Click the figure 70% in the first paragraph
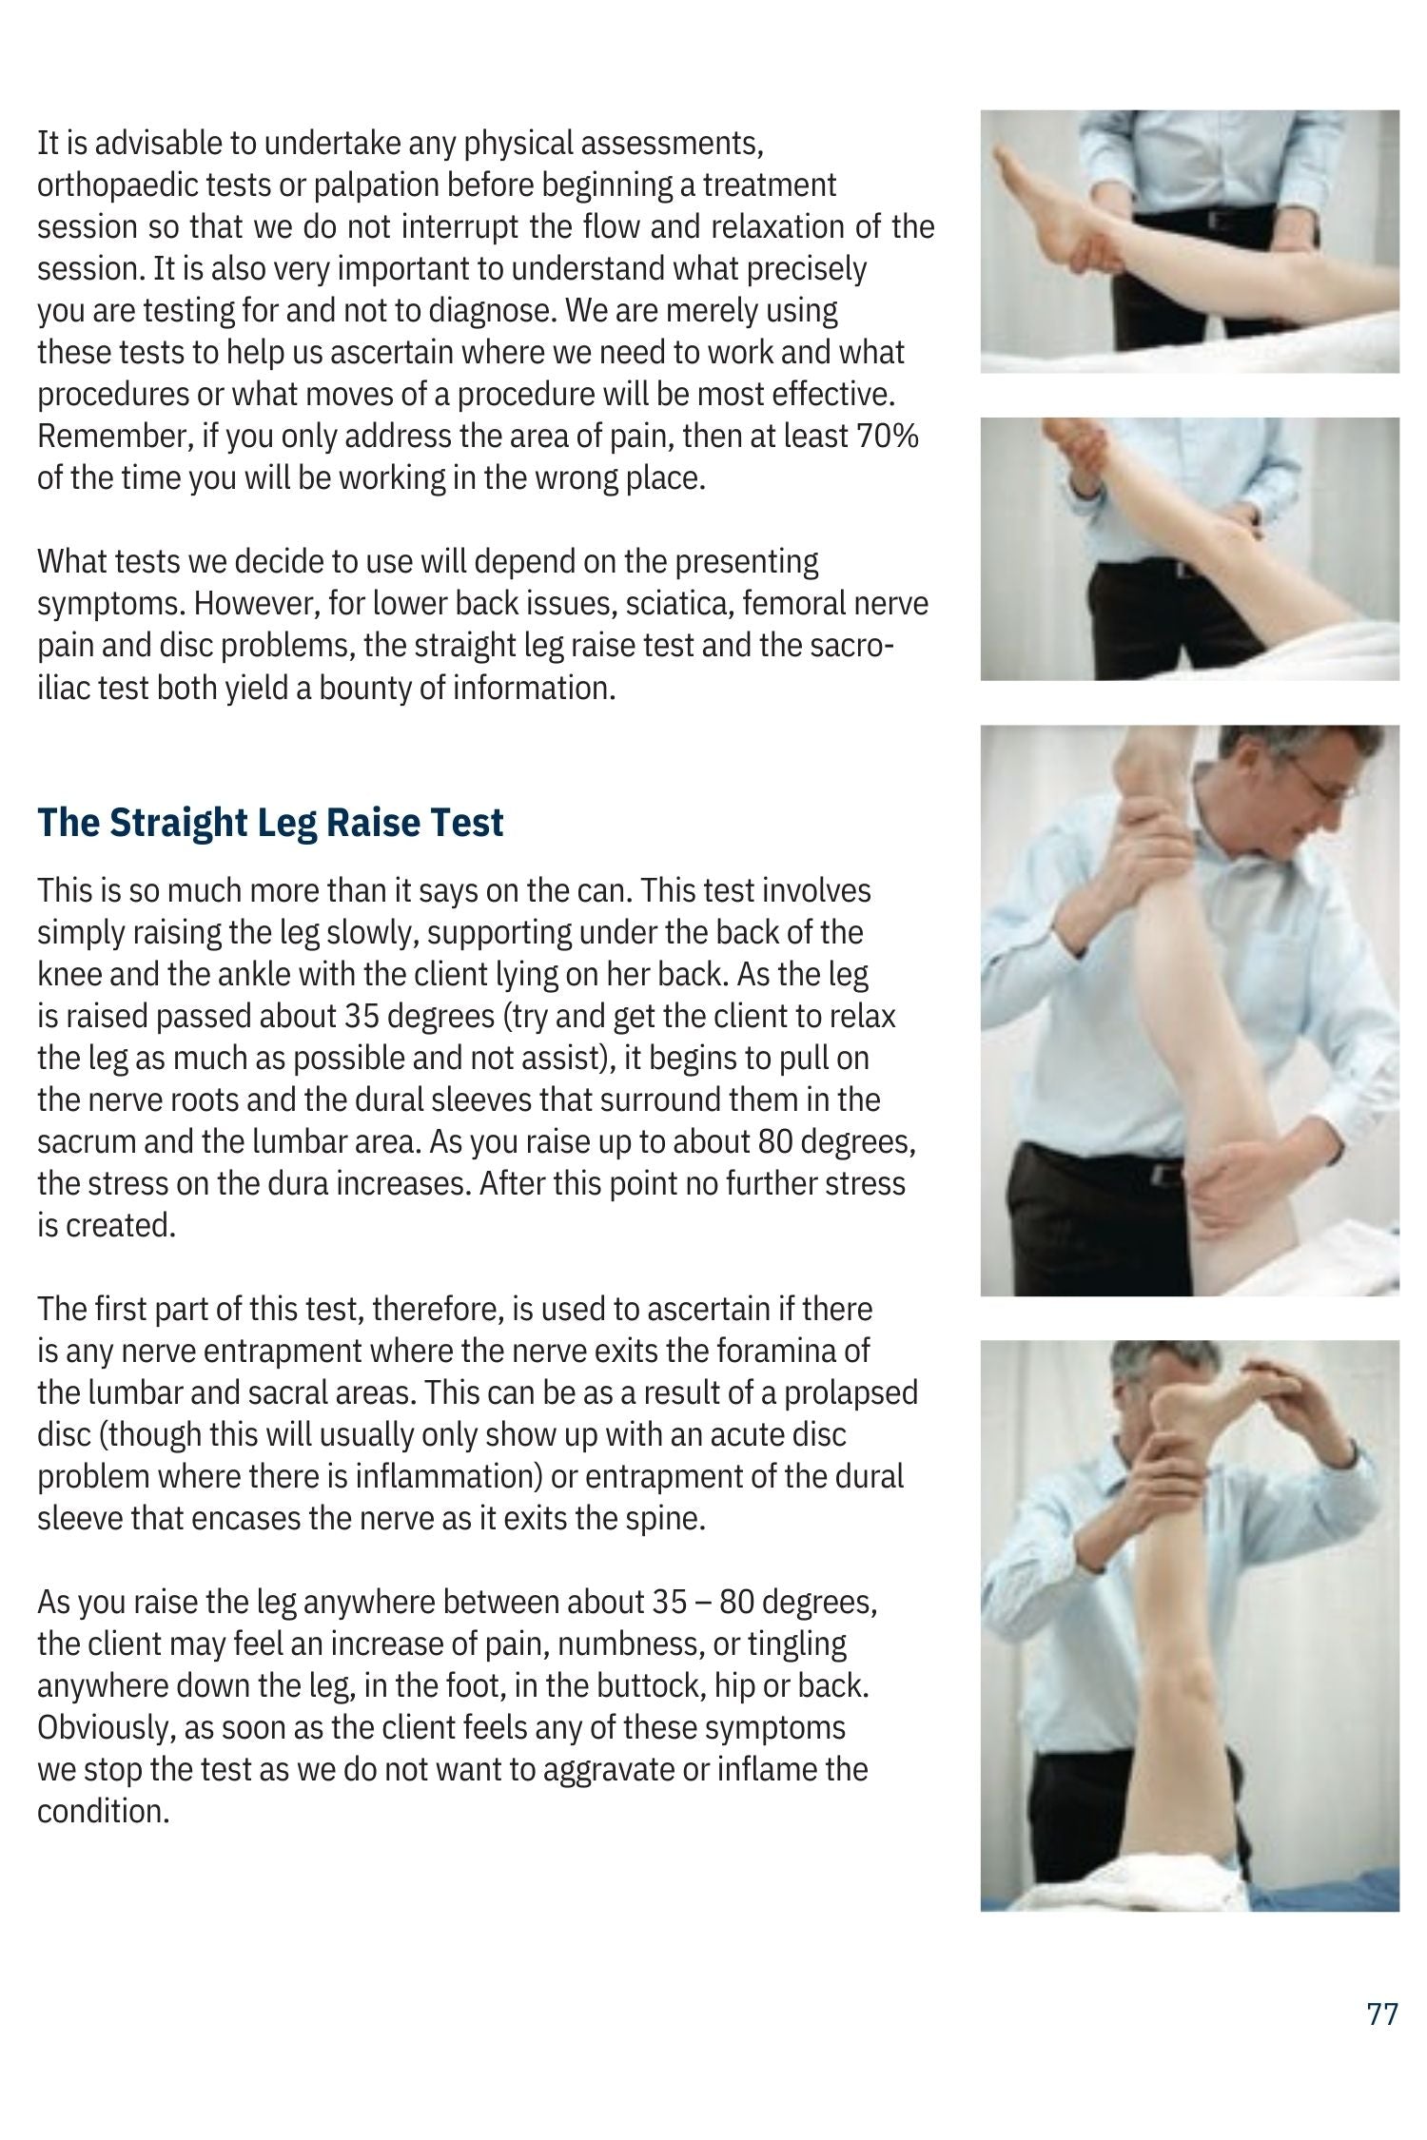point(888,437)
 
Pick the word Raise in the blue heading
point(369,823)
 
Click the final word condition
point(104,1812)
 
